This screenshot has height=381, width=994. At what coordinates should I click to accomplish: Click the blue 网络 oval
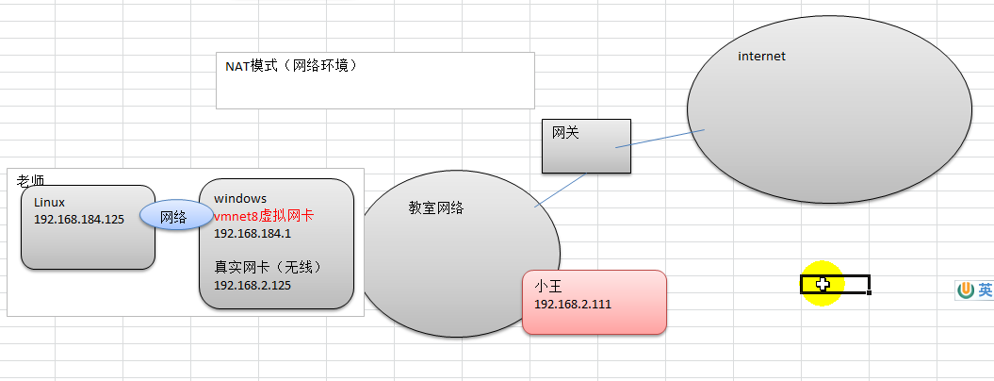(172, 216)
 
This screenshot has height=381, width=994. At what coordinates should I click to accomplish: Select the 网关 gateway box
(586, 146)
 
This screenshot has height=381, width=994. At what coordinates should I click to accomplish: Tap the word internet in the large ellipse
(761, 57)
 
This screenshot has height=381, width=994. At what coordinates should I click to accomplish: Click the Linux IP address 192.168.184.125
(79, 219)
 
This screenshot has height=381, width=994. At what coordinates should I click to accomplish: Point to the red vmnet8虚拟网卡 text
(263, 216)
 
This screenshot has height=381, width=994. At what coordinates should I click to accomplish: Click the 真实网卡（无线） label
(268, 268)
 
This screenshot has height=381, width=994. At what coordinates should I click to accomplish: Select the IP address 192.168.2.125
(252, 285)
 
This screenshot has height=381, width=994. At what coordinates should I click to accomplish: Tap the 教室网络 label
(436, 208)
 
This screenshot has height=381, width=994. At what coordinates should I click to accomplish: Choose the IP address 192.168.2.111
(572, 304)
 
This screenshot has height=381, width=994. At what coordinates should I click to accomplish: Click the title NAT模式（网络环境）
(290, 66)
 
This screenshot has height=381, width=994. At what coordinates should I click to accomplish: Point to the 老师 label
(31, 179)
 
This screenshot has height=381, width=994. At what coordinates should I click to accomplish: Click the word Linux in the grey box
(49, 202)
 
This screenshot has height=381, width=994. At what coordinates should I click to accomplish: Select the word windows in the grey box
(240, 198)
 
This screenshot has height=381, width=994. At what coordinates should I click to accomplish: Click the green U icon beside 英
(967, 291)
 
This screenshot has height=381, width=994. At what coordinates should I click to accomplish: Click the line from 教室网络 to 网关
(560, 190)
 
